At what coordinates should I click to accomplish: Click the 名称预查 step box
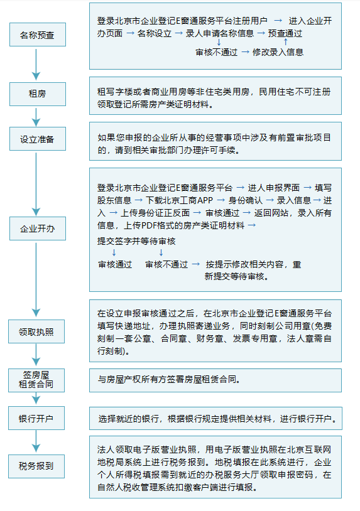click(x=38, y=35)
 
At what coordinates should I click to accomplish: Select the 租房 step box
click(x=38, y=94)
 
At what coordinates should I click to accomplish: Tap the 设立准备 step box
click(x=38, y=139)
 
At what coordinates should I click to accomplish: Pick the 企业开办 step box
click(x=38, y=229)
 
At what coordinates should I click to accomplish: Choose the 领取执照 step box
click(x=36, y=331)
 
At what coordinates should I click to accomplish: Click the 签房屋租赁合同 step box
click(x=36, y=380)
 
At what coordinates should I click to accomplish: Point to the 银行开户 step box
click(x=36, y=418)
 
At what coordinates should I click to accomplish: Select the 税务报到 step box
click(x=36, y=466)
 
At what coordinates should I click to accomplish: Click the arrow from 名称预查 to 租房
click(x=36, y=65)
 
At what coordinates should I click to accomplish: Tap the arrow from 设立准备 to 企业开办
click(x=36, y=184)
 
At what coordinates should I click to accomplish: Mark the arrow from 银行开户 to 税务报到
click(x=36, y=441)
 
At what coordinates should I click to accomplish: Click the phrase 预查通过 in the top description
click(x=285, y=33)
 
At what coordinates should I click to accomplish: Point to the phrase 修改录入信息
click(x=278, y=52)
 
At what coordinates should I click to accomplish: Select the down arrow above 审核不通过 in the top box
click(x=219, y=42)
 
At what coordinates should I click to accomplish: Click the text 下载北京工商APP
click(x=179, y=200)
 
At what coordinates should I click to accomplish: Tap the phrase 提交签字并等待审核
click(x=136, y=241)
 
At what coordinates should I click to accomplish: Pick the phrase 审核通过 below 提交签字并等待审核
click(x=115, y=264)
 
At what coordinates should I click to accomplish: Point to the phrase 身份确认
click(x=245, y=200)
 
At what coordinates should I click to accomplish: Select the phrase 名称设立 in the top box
click(x=154, y=33)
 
